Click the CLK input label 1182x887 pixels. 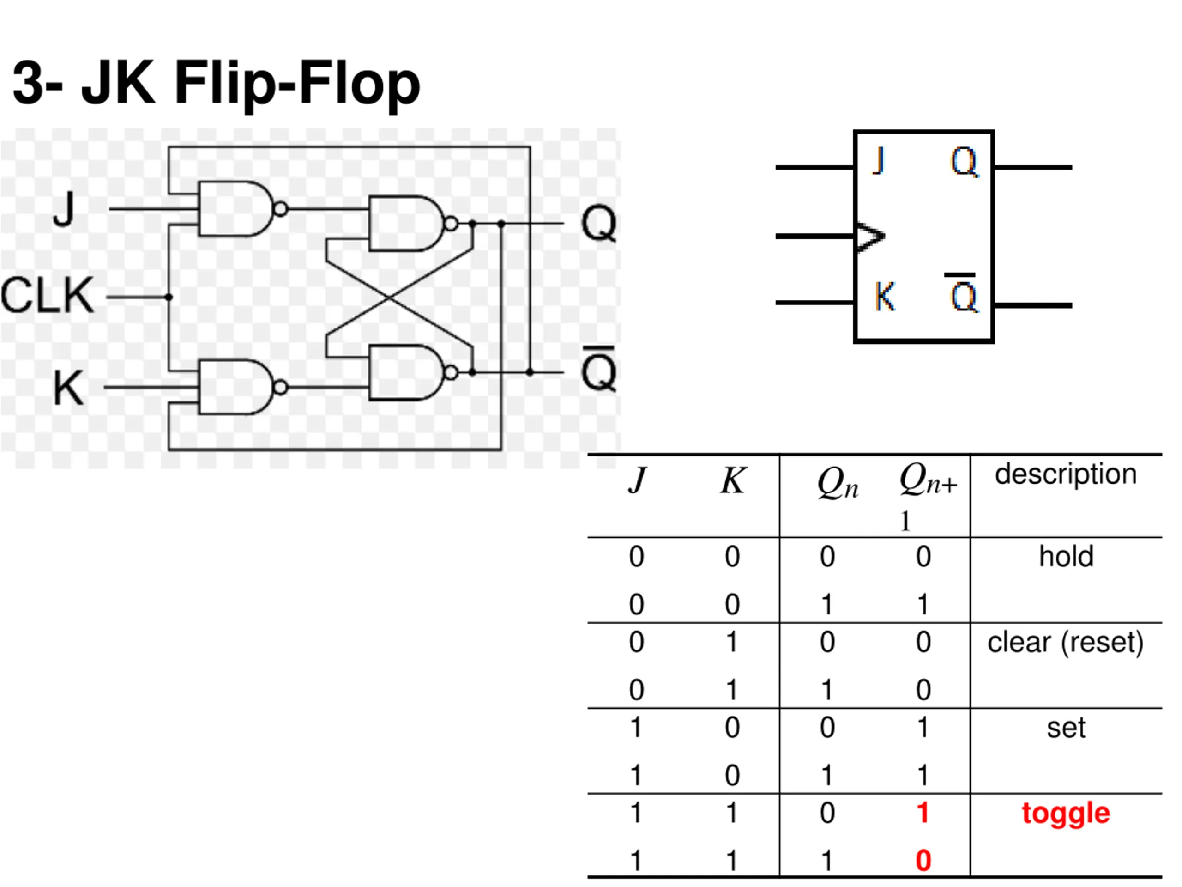pyautogui.click(x=48, y=295)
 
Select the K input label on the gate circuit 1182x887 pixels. pyautogui.click(x=69, y=388)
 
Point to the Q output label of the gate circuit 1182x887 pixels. pyautogui.click(x=599, y=224)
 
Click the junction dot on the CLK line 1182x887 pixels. pyautogui.click(x=169, y=297)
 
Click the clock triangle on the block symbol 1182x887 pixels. pyautogui.click(x=870, y=237)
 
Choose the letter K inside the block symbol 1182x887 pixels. pyautogui.click(x=886, y=296)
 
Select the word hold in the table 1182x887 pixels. pyautogui.click(x=1066, y=556)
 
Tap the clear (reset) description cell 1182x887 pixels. pyautogui.click(x=1066, y=642)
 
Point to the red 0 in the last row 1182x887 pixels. pyautogui.click(x=923, y=861)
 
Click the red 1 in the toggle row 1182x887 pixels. pyautogui.click(x=923, y=813)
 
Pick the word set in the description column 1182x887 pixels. pyautogui.click(x=1066, y=728)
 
